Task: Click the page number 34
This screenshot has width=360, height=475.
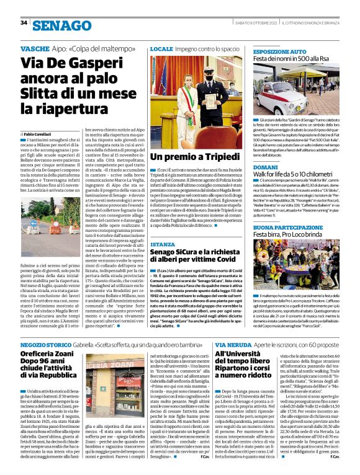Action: click(24, 23)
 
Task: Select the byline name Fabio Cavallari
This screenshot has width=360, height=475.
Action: click(40, 134)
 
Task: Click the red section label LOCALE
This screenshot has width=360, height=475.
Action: click(161, 48)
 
